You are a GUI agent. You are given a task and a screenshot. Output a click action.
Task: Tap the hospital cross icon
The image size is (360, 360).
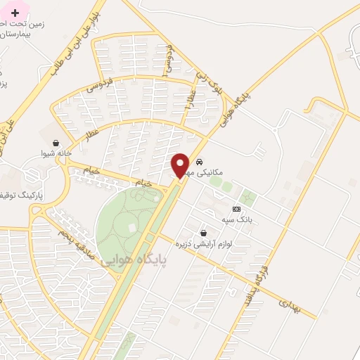click(15, 13)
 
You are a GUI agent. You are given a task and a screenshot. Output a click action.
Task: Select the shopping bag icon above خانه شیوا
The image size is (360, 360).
click(56, 142)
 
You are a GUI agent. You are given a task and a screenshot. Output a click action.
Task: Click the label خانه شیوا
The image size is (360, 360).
click(56, 153)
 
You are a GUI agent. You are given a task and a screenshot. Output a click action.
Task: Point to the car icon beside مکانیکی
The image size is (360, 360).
click(199, 160)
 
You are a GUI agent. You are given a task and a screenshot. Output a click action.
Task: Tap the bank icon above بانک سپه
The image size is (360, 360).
click(236, 209)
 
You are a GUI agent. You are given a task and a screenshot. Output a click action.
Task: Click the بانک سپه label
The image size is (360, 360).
click(236, 219)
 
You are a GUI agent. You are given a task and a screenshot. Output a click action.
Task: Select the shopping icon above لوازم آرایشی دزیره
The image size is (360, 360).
click(203, 233)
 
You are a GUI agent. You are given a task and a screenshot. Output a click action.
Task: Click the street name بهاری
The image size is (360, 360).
click(288, 304)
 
